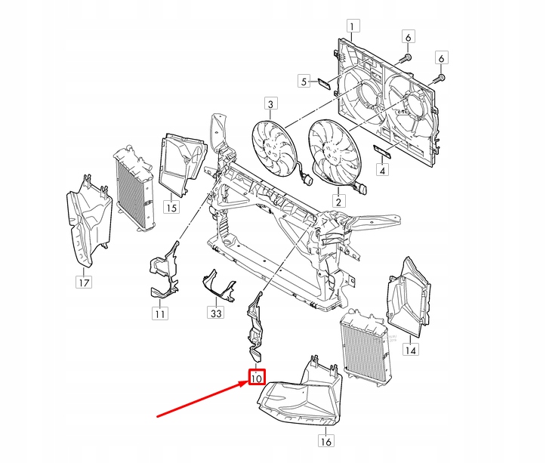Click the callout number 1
(350, 29)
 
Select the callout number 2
(339, 201)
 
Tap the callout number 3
(270, 103)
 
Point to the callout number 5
(305, 81)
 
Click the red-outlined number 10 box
(256, 376)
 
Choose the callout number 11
(159, 313)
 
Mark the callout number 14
(410, 350)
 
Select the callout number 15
(173, 205)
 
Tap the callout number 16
(325, 442)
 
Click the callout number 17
(83, 283)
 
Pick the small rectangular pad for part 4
(382, 153)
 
